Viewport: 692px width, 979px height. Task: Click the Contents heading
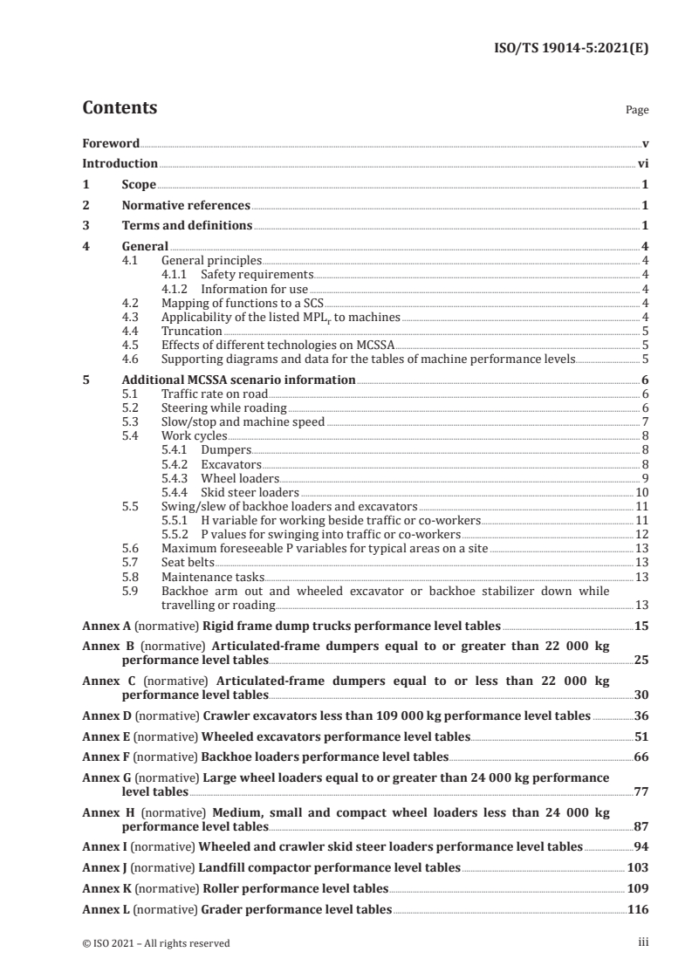[120, 109]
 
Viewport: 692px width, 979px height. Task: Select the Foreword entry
[111, 143]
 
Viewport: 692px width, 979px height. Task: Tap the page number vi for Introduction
[642, 163]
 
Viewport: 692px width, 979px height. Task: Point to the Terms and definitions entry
[187, 226]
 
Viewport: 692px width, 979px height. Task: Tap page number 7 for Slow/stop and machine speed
[644, 421]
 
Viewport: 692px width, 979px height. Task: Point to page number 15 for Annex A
[641, 626]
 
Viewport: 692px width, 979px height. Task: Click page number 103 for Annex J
[638, 867]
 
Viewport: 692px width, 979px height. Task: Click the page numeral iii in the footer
[643, 942]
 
